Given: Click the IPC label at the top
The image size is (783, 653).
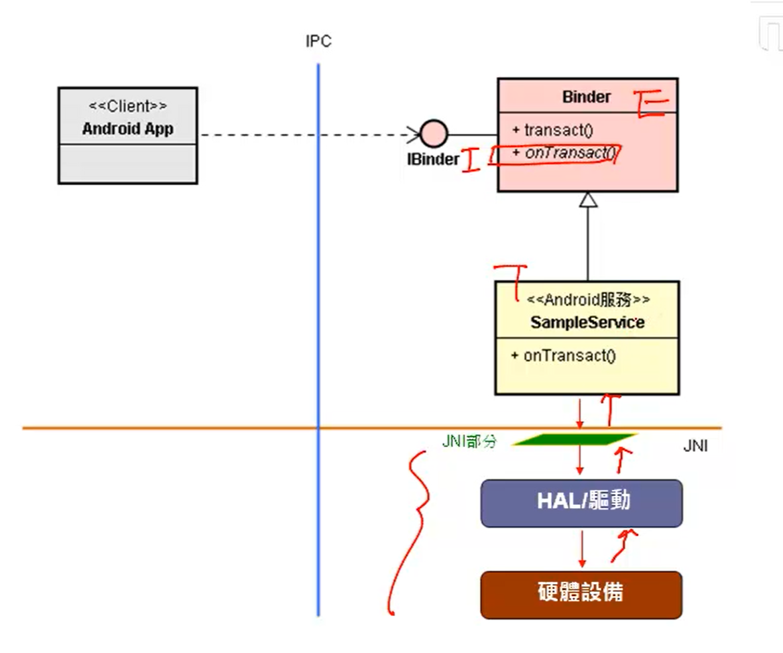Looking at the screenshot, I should click(318, 42).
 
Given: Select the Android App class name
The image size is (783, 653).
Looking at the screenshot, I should click(127, 128).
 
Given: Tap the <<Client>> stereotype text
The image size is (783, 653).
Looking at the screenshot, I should click(127, 106).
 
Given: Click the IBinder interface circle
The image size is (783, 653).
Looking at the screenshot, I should click(433, 134).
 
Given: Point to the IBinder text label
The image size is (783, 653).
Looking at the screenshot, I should click(433, 160).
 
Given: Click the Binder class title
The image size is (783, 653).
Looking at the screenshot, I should click(586, 97).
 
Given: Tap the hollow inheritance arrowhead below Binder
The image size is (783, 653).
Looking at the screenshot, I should click(588, 199).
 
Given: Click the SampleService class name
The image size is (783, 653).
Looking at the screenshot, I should click(587, 322).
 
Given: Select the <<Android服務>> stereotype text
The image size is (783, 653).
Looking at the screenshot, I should click(588, 300).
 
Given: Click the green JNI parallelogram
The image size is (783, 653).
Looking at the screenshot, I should click(574, 440).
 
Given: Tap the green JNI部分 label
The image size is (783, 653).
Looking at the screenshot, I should click(469, 441).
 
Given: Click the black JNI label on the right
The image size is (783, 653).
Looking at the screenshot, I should click(695, 447).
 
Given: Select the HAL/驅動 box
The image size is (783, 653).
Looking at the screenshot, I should click(582, 503).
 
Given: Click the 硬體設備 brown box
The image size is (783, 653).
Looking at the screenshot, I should click(581, 594).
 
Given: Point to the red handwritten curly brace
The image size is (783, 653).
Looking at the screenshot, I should click(411, 530).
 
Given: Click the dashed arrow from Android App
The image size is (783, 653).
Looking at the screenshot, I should click(308, 135).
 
